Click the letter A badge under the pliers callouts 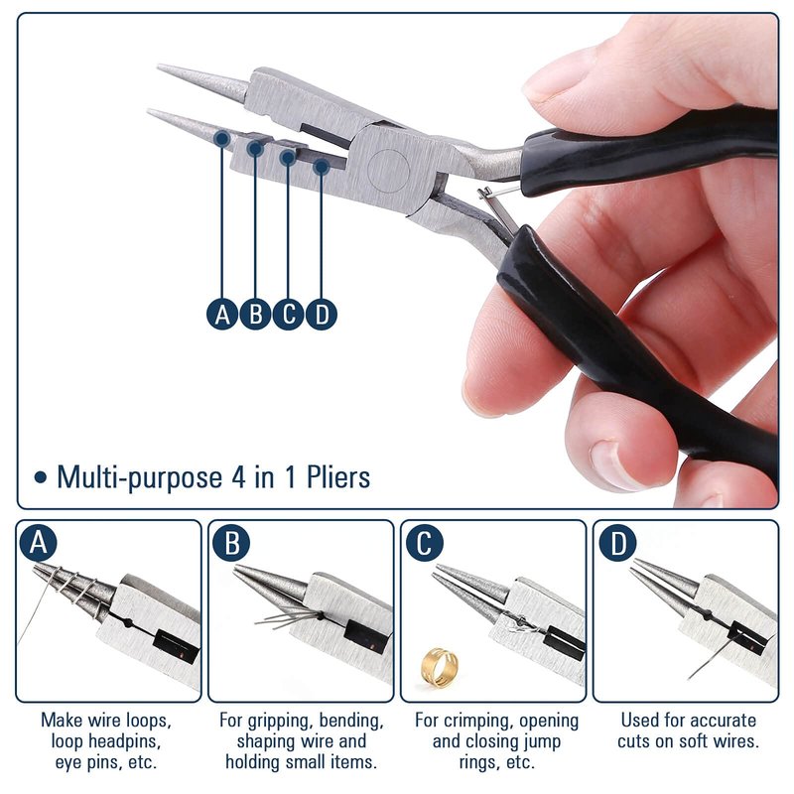coord(222,314)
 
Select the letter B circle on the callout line coord(256,314)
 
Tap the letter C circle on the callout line coord(289,314)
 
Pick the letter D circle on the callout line coord(322,314)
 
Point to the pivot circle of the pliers coord(388,171)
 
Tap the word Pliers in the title coord(338,477)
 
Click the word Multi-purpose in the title coord(139,478)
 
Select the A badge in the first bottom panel coord(39,543)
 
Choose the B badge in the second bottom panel coord(231,543)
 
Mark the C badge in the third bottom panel coord(425,543)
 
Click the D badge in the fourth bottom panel coord(617,543)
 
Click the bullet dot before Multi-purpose coord(41,477)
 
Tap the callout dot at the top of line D coord(322,166)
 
